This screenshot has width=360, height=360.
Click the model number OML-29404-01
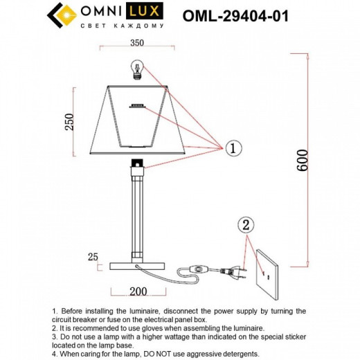click(x=236, y=16)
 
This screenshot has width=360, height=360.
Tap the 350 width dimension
click(x=136, y=43)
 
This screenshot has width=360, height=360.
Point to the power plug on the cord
click(x=233, y=271)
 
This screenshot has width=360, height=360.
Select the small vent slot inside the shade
click(x=136, y=106)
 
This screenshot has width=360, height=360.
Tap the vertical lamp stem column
click(x=136, y=215)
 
